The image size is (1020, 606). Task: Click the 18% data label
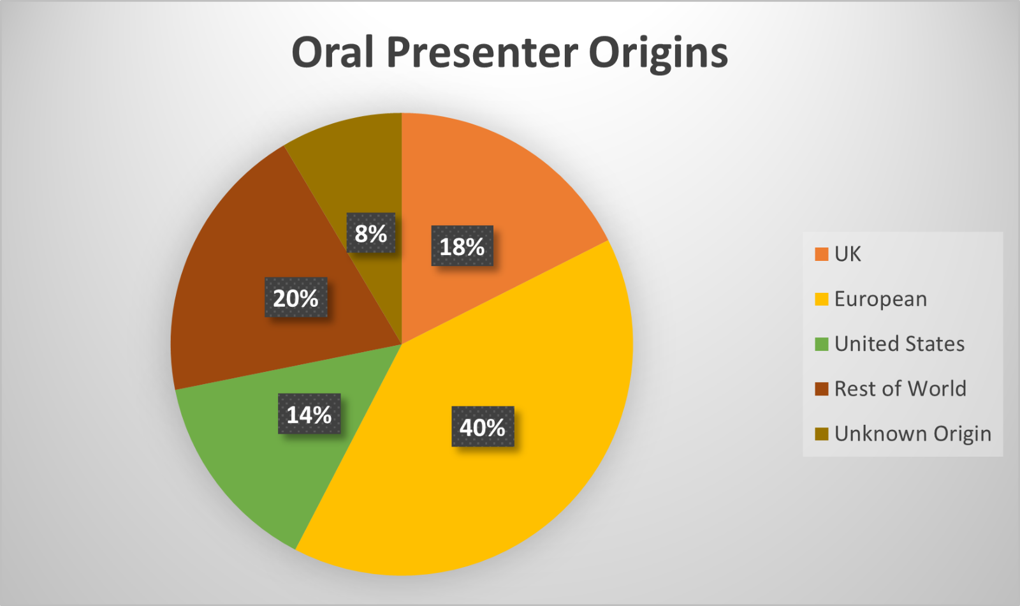point(462,246)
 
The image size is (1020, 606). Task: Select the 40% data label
point(483,427)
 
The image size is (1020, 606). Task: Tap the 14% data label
point(309,414)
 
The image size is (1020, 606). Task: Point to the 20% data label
point(296,297)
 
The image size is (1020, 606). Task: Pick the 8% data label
point(370,233)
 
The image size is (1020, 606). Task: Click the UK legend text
point(847,254)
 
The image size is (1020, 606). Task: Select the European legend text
point(880,299)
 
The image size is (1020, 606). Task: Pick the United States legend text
point(900,344)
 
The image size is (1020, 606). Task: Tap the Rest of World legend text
point(900,388)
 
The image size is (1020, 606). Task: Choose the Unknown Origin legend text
point(913,434)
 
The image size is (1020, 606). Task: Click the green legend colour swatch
point(822,344)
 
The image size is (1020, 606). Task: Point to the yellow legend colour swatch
point(822,299)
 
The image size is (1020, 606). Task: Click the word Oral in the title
point(333,52)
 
